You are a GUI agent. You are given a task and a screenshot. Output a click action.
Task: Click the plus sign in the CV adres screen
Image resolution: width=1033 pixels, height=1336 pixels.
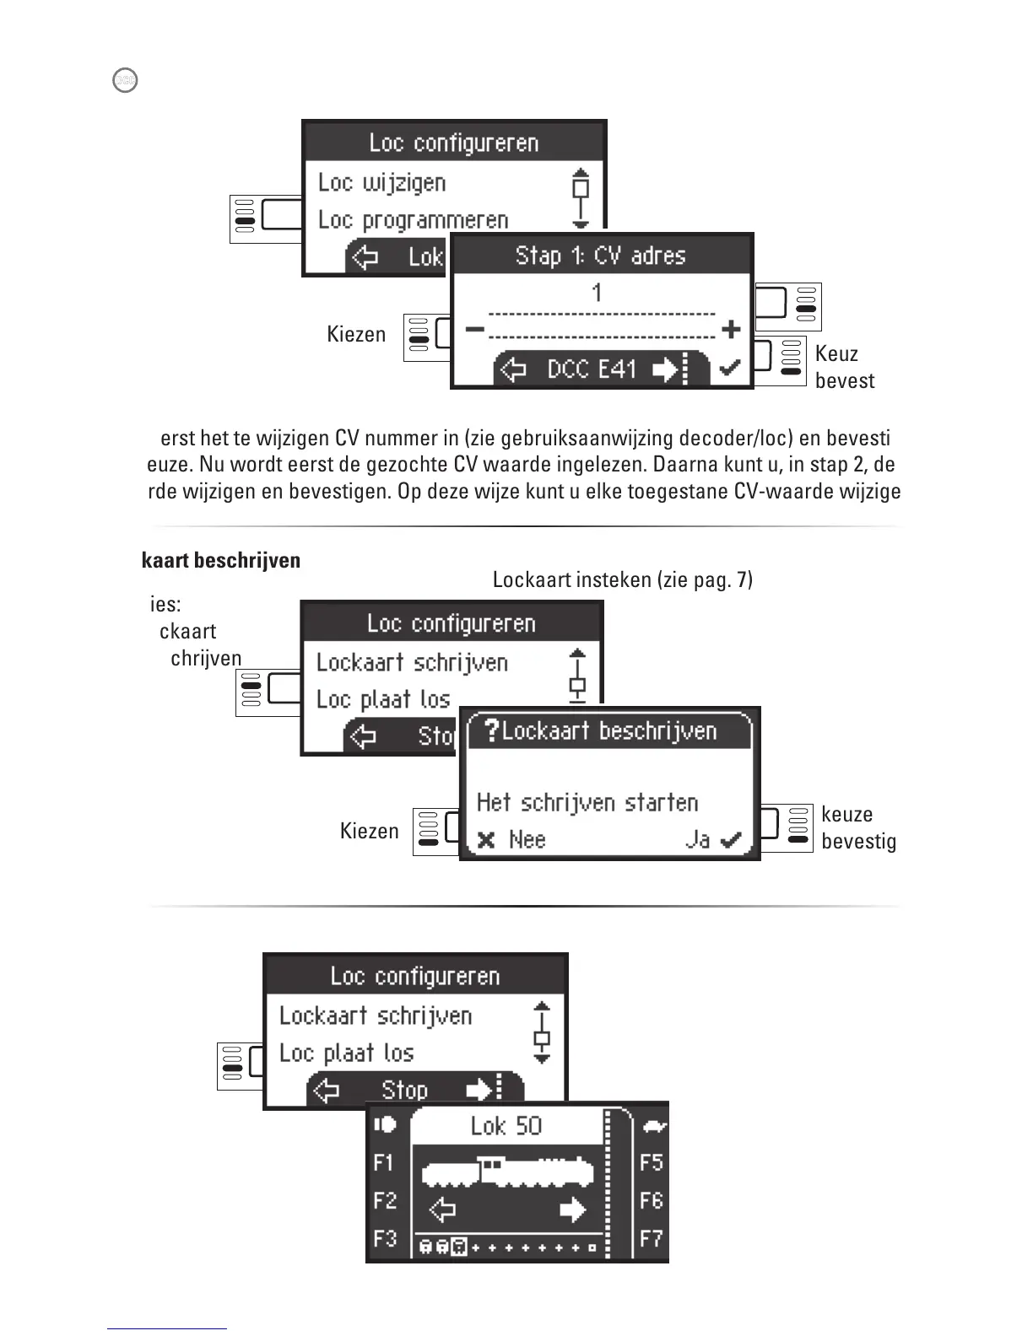[731, 329]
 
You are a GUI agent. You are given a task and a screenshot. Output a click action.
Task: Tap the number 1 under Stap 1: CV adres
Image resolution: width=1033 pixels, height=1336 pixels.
[597, 294]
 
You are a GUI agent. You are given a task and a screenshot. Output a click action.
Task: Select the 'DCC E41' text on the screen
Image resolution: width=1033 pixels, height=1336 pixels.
[592, 369]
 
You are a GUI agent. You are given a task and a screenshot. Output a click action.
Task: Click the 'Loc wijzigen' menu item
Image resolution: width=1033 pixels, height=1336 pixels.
[381, 183]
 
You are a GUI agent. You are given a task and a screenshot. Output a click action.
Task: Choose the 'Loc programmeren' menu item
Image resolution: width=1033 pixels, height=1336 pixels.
[413, 220]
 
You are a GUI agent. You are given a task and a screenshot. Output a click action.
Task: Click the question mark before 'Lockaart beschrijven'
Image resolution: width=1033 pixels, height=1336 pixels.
[492, 730]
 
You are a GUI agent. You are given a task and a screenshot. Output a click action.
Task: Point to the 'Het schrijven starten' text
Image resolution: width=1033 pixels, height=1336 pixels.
[587, 802]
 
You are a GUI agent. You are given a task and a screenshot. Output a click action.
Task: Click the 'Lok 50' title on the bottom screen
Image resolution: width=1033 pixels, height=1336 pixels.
[506, 1126]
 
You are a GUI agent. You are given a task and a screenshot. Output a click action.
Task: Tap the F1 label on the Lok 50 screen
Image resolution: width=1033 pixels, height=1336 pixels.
[384, 1163]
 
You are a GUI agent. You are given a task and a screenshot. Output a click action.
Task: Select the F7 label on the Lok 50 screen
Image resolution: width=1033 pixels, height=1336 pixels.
[651, 1239]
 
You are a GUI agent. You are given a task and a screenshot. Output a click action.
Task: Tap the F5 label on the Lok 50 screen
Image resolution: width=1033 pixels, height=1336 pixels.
[651, 1163]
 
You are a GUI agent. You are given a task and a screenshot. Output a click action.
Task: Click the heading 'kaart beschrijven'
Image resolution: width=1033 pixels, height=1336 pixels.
[221, 561]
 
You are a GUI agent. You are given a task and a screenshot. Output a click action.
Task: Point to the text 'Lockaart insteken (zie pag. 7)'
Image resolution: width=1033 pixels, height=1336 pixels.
[622, 579]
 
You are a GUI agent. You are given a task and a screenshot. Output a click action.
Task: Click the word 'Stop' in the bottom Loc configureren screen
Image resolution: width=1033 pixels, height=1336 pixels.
[404, 1090]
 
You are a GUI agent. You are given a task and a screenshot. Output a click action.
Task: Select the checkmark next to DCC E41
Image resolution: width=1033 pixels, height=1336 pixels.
[729, 369]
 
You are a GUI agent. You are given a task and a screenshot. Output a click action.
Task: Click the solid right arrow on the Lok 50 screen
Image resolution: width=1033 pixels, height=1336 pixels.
[572, 1211]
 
